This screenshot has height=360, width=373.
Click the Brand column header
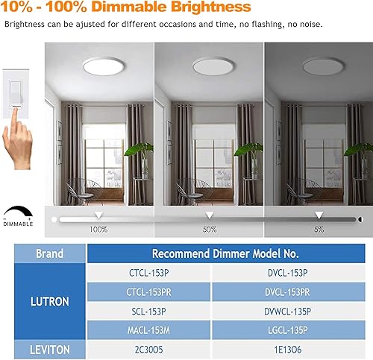[51, 253]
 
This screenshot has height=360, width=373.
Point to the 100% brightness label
[98, 230]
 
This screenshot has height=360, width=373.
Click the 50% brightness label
[210, 230]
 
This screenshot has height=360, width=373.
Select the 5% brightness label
[319, 230]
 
